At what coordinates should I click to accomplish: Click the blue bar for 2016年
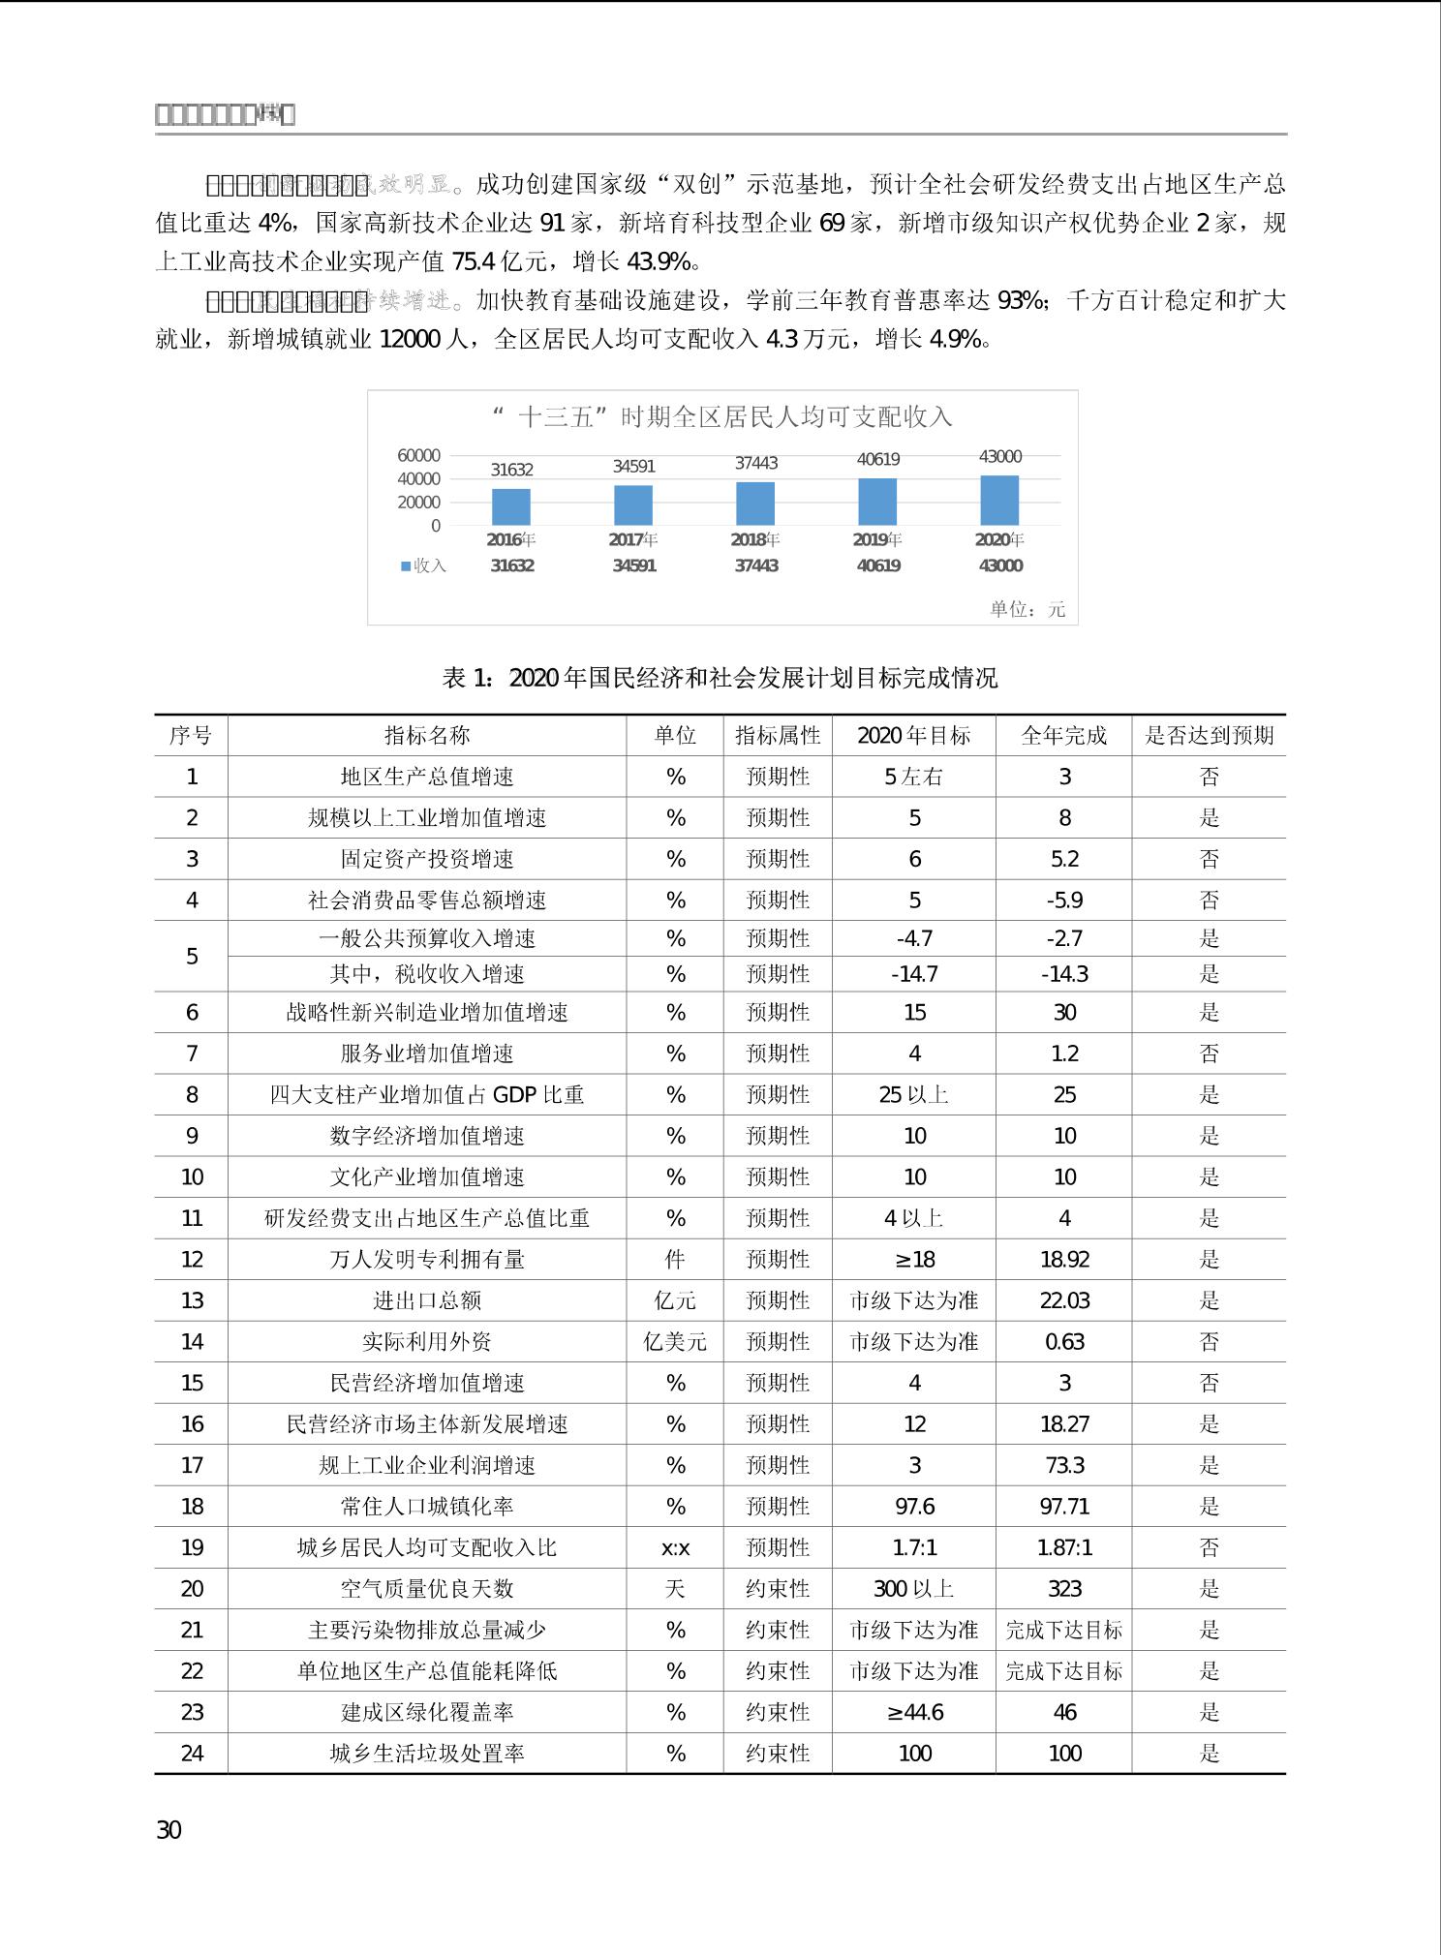[511, 506]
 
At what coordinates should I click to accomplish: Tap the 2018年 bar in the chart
[755, 504]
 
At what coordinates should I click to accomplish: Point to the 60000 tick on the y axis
[418, 455]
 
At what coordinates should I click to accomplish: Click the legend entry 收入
[423, 565]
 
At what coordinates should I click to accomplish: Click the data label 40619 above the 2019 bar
[877, 459]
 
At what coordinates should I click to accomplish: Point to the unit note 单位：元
[1027, 609]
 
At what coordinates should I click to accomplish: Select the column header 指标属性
[778, 735]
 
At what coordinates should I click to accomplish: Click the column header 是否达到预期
[1209, 735]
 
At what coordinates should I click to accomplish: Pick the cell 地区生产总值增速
[427, 777]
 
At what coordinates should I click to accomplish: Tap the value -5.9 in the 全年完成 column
[1064, 901]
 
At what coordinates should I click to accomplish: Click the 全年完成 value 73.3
[1064, 1465]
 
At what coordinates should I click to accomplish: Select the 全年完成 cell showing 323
[1064, 1589]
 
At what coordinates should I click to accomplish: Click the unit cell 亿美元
[675, 1342]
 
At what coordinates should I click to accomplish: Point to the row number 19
[192, 1547]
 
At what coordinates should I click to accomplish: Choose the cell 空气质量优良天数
[427, 1589]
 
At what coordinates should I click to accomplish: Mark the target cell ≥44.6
[914, 1712]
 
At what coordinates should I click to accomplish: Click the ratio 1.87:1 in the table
[1064, 1547]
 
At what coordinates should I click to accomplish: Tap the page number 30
[169, 1829]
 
